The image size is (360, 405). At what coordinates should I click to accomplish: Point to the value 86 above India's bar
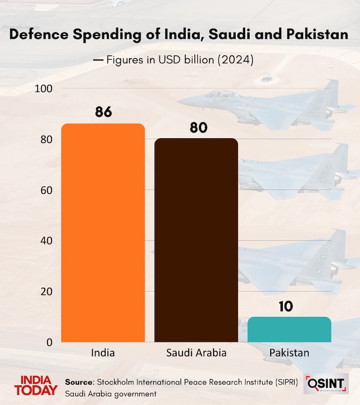point(103,112)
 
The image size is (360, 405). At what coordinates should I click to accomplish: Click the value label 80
point(196,128)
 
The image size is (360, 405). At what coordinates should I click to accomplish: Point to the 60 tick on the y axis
point(46,191)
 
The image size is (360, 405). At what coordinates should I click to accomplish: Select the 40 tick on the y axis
point(46,241)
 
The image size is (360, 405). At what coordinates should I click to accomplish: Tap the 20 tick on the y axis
point(46,292)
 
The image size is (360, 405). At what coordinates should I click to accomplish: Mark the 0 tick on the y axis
point(49,342)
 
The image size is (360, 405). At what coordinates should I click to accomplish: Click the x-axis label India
point(103,353)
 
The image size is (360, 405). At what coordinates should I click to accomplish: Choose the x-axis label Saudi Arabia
point(196,353)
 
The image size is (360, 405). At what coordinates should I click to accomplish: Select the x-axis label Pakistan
point(289,353)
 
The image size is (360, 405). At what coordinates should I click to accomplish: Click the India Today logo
point(36,386)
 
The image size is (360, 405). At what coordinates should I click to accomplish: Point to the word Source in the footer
point(79,382)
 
